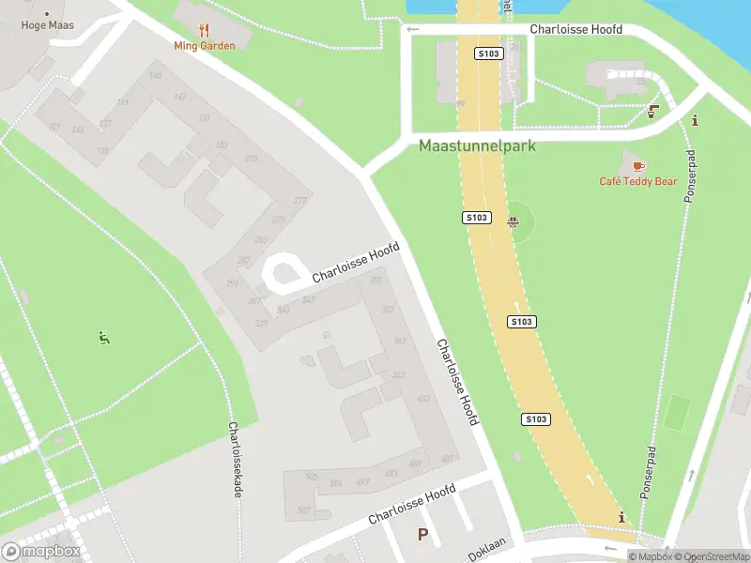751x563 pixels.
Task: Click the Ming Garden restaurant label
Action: tap(204, 44)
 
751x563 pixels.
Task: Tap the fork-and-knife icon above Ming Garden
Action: tap(205, 28)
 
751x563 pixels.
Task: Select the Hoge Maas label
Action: tap(47, 25)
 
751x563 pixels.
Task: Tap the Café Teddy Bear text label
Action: tap(638, 181)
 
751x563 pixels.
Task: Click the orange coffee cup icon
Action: tap(638, 166)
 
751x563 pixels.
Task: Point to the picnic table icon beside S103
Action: tap(513, 222)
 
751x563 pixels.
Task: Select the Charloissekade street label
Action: tap(234, 459)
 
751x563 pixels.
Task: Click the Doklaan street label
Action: tap(488, 550)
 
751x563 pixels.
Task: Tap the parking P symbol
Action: tap(422, 535)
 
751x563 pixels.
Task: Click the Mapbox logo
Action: tap(41, 552)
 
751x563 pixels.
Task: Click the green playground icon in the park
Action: tap(104, 338)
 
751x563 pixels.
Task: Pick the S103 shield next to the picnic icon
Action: tap(477, 218)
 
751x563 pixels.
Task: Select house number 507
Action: tap(304, 510)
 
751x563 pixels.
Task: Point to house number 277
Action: tap(300, 200)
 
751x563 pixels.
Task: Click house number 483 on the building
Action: tap(422, 399)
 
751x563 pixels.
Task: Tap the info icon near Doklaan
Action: tap(621, 517)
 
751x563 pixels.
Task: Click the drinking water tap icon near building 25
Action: tap(652, 113)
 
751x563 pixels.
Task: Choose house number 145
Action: tap(155, 76)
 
